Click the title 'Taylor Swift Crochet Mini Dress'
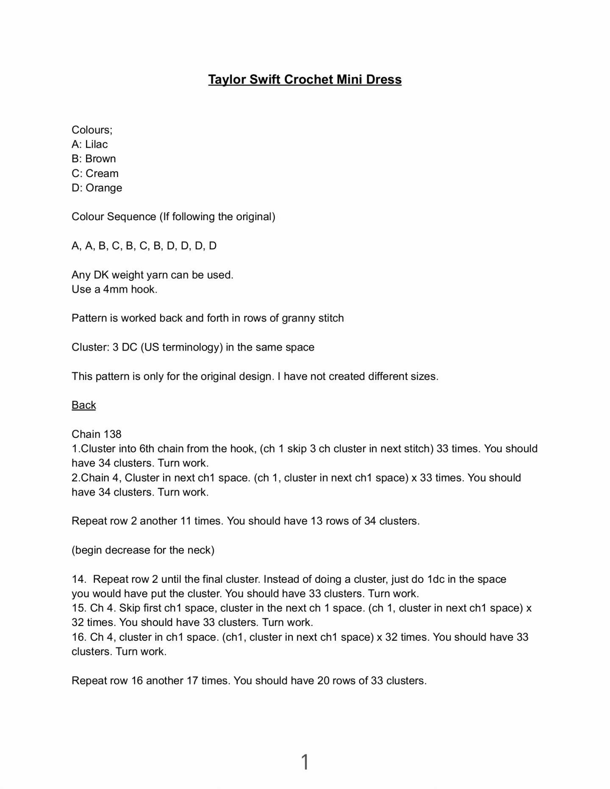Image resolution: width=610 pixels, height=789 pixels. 305,80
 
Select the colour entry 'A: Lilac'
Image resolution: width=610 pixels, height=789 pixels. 90,144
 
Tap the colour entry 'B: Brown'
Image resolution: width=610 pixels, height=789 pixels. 94,159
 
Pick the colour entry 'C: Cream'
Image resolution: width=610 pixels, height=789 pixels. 95,174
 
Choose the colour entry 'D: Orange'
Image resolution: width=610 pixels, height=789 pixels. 97,188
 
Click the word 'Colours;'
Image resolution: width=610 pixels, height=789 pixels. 92,130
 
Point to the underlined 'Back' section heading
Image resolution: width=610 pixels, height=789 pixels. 84,405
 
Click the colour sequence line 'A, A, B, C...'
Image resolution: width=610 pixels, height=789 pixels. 144,246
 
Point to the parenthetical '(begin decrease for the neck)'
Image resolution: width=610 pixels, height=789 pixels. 143,550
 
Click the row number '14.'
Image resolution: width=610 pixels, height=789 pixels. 79,579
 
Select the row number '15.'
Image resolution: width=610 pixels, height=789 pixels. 79,608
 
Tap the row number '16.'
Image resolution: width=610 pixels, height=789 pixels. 79,637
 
